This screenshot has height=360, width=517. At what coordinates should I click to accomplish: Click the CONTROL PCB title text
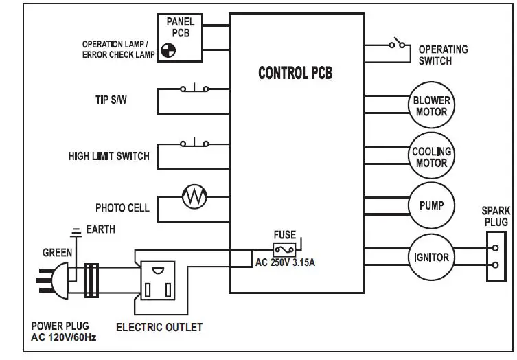[295, 73]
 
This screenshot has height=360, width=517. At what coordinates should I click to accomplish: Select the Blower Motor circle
[432, 106]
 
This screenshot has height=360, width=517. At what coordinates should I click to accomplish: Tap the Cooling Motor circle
[432, 157]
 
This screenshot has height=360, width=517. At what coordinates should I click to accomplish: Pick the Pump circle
[432, 205]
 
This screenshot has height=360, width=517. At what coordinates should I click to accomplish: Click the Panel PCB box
[181, 37]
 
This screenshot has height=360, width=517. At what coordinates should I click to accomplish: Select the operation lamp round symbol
[168, 49]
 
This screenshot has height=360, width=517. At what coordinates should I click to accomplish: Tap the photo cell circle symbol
[194, 198]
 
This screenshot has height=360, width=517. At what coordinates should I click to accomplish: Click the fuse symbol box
[285, 249]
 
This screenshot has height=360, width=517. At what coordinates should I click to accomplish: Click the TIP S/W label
[111, 100]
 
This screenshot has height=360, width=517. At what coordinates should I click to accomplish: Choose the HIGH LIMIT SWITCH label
[108, 156]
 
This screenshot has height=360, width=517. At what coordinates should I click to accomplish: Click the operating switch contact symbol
[396, 45]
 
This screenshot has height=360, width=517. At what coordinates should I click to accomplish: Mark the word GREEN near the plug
[57, 253]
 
